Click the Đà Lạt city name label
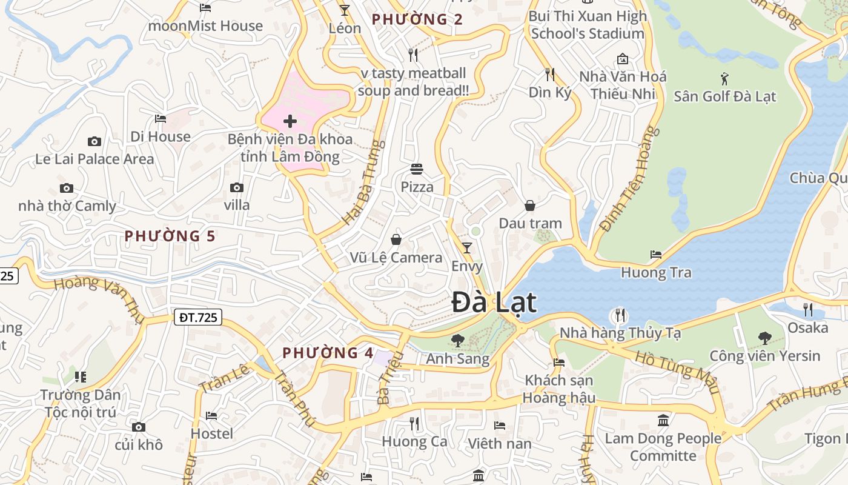[x=494, y=303]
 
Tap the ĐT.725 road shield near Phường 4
[x=198, y=316]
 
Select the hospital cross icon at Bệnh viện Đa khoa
[x=290, y=121]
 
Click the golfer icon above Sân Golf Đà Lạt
[x=724, y=78]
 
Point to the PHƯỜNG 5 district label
[x=170, y=236]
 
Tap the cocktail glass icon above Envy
[x=467, y=247]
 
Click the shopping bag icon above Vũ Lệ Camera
[x=396, y=239]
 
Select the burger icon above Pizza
[x=417, y=169]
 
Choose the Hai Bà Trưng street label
[x=363, y=183]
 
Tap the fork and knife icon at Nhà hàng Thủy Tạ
[x=619, y=315]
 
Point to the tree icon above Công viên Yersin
[x=765, y=338]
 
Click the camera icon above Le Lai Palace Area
[x=94, y=141]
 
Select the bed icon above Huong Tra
[x=656, y=254]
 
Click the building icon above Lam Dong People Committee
[x=663, y=420]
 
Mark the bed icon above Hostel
[x=211, y=415]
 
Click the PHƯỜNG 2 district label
[x=417, y=19]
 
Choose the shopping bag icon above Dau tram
[x=530, y=206]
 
